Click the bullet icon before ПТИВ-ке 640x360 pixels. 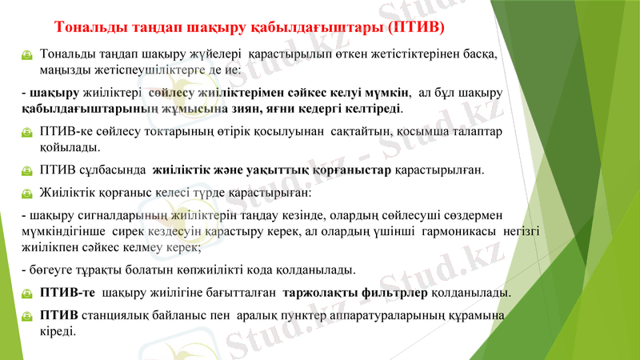pyautogui.click(x=28, y=132)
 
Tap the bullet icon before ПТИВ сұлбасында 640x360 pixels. pyautogui.click(x=28, y=170)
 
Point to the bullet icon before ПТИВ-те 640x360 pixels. pyautogui.click(x=28, y=293)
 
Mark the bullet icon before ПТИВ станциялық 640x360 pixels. pyautogui.click(x=28, y=316)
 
